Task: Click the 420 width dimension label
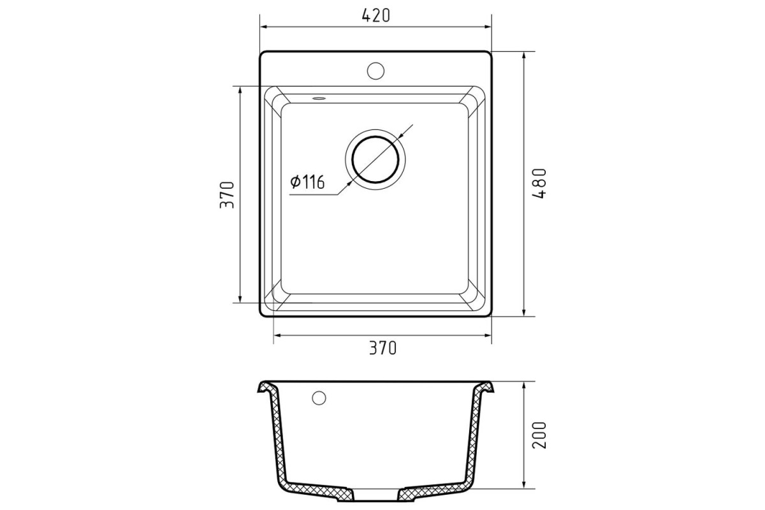click(x=375, y=16)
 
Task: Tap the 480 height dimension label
click(x=539, y=184)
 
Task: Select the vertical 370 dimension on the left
click(x=227, y=194)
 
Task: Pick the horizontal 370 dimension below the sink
click(x=383, y=348)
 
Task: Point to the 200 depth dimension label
click(x=539, y=435)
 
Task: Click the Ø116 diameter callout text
click(x=307, y=182)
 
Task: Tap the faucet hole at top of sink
click(x=375, y=71)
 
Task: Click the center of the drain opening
click(x=375, y=159)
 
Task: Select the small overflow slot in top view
click(x=319, y=99)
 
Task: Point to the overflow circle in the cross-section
click(x=319, y=398)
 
